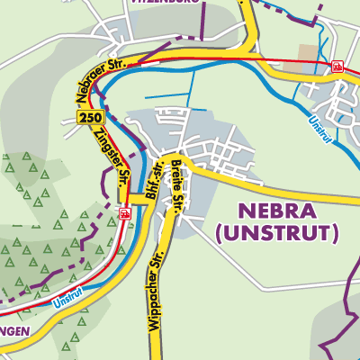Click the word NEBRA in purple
(275, 213)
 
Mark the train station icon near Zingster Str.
(124, 214)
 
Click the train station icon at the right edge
(337, 66)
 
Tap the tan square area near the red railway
(308, 54)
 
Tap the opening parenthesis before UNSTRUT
(220, 235)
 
